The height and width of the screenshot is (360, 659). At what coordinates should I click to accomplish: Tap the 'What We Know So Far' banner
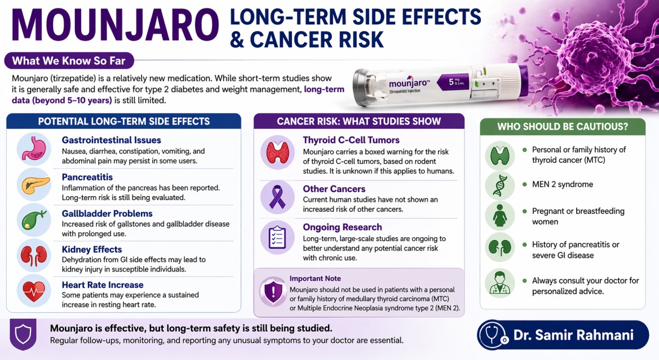pyautogui.click(x=69, y=61)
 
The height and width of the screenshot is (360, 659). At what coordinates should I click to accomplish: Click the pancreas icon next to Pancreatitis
pyautogui.click(x=34, y=185)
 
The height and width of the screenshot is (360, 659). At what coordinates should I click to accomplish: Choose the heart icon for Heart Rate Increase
pyautogui.click(x=34, y=291)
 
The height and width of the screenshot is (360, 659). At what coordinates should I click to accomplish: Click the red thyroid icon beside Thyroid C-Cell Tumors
pyautogui.click(x=278, y=152)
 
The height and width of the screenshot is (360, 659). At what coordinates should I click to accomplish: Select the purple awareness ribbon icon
pyautogui.click(x=278, y=197)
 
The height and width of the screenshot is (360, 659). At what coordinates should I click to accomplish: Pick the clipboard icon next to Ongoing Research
pyautogui.click(x=278, y=237)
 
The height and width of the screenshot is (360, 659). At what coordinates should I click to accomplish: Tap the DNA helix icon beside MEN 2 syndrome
pyautogui.click(x=500, y=186)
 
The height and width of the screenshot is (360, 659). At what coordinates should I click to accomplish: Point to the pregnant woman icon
pyautogui.click(x=500, y=216)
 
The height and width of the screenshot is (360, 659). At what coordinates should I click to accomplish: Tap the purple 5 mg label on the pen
pyautogui.click(x=460, y=83)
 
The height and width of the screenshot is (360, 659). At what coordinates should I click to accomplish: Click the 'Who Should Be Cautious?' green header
pyautogui.click(x=562, y=126)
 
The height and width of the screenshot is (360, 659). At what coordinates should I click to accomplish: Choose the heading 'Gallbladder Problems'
pyautogui.click(x=107, y=213)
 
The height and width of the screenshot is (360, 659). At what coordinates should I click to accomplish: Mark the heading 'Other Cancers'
pyautogui.click(x=334, y=189)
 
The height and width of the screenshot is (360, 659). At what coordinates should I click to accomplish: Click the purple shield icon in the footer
pyautogui.click(x=23, y=334)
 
